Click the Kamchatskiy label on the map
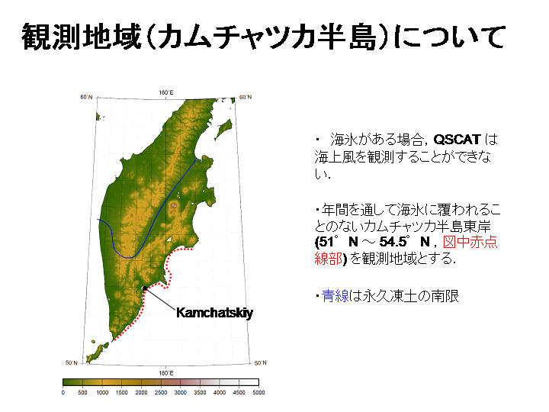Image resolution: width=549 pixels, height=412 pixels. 214,313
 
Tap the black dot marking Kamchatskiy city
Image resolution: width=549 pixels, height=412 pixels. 145,288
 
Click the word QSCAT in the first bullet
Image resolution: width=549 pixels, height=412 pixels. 457,140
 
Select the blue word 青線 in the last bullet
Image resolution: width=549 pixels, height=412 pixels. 335,296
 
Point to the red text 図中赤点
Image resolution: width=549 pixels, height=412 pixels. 470,242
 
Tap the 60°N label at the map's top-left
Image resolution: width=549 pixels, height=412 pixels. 86,97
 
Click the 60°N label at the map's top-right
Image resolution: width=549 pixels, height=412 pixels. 245,97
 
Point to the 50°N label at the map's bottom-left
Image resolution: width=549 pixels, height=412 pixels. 72,362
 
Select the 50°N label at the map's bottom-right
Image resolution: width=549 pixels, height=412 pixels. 260,362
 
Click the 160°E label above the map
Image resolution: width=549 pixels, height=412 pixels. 166,92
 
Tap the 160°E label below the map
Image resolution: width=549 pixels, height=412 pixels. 166,373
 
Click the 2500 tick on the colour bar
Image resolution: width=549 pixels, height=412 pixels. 161,392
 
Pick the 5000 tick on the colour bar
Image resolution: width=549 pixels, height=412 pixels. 258,392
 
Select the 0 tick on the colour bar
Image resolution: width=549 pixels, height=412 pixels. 63,392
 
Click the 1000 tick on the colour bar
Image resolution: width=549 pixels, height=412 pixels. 102,392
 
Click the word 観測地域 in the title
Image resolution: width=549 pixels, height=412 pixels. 82,37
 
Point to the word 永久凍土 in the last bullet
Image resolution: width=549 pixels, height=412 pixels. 390,296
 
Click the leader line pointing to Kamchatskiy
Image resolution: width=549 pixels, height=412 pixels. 160,299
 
